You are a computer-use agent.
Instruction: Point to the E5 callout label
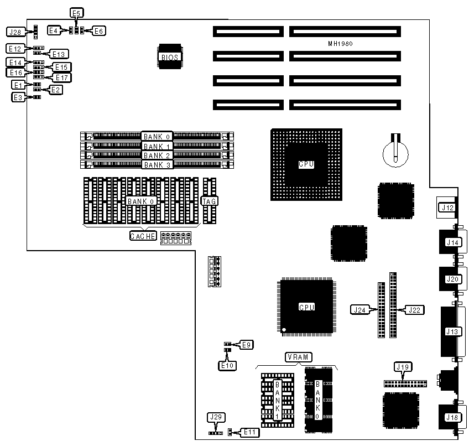(x=76, y=13)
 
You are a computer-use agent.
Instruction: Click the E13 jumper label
(x=58, y=54)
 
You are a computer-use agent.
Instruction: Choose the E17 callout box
(x=61, y=77)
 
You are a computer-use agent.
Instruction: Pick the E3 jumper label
(x=19, y=97)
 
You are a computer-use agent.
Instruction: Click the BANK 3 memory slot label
(x=157, y=164)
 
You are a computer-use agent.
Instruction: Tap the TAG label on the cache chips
(x=209, y=201)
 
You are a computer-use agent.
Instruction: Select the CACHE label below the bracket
(x=143, y=236)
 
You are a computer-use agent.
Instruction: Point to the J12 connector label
(x=446, y=208)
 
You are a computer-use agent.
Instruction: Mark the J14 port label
(x=453, y=242)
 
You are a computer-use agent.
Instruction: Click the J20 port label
(x=453, y=279)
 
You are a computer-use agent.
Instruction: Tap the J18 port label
(x=453, y=418)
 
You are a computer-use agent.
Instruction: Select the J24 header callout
(x=358, y=309)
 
